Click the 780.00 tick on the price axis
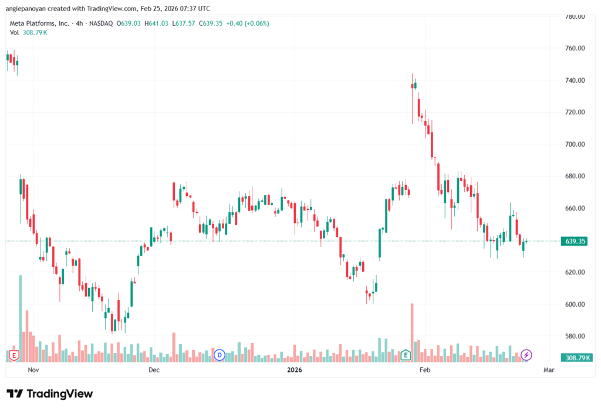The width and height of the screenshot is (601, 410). (x=575, y=16)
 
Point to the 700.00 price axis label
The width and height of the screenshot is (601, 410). (x=575, y=144)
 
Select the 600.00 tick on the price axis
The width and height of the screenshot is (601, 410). (x=575, y=304)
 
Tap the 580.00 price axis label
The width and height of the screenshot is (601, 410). (x=575, y=337)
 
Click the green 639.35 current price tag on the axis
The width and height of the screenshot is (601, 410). (x=575, y=241)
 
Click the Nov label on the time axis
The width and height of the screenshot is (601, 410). (x=33, y=370)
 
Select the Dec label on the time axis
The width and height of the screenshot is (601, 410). (x=154, y=370)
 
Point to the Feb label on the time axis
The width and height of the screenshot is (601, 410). (x=425, y=370)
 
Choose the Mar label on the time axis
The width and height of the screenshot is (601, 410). (x=549, y=370)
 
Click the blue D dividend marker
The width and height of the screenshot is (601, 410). (x=220, y=354)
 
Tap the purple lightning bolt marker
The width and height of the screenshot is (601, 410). (x=526, y=354)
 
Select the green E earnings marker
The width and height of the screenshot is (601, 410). (x=406, y=354)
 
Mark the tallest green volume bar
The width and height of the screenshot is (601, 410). (x=21, y=317)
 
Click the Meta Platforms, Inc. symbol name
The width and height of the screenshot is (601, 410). (x=39, y=23)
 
